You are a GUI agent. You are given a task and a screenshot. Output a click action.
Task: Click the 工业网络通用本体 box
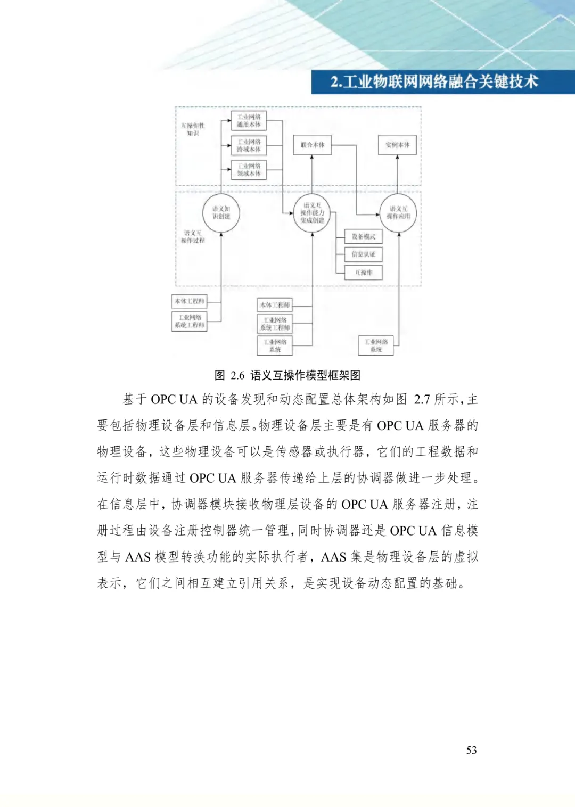click(249, 121)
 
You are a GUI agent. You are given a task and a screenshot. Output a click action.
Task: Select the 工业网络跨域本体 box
click(249, 145)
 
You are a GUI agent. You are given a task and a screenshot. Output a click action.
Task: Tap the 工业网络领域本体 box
click(249, 170)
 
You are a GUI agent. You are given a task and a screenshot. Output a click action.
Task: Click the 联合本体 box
click(313, 145)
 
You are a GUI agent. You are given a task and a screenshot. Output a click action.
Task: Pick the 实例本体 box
click(397, 145)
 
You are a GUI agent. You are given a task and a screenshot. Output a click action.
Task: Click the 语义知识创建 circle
click(221, 213)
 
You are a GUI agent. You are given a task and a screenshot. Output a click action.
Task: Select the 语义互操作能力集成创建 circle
click(313, 213)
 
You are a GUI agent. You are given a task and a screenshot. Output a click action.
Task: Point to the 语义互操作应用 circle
click(398, 213)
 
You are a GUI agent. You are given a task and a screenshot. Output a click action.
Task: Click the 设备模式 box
click(364, 236)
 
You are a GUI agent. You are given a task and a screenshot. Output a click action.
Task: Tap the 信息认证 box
click(364, 254)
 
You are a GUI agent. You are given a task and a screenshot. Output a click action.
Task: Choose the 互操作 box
click(364, 273)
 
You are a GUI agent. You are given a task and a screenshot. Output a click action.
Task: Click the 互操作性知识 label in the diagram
click(193, 129)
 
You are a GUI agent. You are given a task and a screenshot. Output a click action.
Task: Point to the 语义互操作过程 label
click(193, 237)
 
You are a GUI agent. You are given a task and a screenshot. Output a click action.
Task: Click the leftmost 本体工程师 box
click(190, 301)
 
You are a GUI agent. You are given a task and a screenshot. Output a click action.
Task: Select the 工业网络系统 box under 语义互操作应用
click(376, 345)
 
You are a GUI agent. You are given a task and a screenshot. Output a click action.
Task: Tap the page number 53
click(472, 750)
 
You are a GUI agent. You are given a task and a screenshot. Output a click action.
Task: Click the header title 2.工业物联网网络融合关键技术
click(434, 82)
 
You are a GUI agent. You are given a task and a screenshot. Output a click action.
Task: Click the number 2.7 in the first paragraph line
click(422, 399)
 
